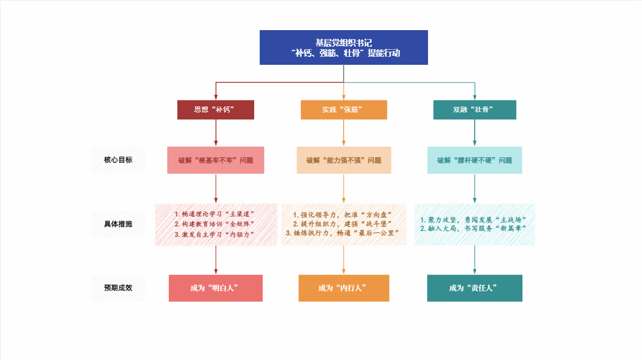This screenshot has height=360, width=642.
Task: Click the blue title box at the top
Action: click(344, 47)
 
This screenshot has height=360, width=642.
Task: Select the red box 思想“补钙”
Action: click(216, 109)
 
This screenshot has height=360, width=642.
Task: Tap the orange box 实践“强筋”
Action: click(344, 109)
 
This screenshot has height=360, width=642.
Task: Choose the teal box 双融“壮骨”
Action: click(475, 109)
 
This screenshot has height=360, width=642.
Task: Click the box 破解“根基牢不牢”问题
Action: click(216, 160)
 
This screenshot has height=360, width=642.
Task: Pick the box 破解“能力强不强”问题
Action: click(344, 160)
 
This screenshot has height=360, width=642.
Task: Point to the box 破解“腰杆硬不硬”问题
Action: click(475, 160)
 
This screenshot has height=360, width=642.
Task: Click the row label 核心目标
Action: click(118, 160)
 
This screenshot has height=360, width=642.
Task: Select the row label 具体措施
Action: click(118, 224)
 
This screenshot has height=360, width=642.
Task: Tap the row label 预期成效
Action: click(118, 288)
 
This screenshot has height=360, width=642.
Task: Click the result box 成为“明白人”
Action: click(216, 288)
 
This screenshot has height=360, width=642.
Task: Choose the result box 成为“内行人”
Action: click(344, 288)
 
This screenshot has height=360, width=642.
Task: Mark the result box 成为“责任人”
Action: click(475, 288)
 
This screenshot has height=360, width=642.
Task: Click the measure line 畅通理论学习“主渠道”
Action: click(216, 214)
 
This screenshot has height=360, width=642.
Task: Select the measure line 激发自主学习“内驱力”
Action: click(216, 234)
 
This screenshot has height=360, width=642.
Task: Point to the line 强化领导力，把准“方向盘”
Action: click(344, 214)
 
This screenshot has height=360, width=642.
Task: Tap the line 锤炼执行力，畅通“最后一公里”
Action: click(344, 233)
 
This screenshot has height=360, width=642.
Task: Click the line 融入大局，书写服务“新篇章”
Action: click(475, 228)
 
